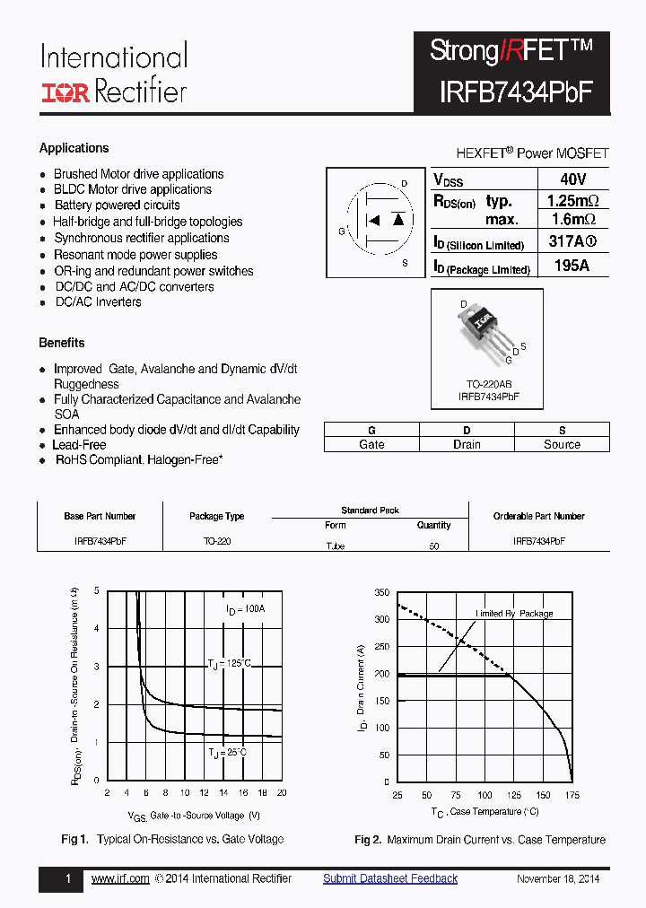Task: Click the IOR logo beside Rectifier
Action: click(x=65, y=92)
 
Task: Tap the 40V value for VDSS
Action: click(x=572, y=179)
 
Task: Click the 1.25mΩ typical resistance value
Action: click(x=572, y=200)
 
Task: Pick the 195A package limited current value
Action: click(x=572, y=266)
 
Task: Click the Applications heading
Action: click(x=74, y=148)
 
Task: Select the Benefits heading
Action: click(x=62, y=343)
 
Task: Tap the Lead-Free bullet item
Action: click(x=79, y=444)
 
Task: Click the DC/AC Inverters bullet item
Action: click(x=98, y=302)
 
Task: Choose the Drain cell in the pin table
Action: click(x=467, y=444)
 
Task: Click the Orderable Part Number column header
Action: click(x=538, y=516)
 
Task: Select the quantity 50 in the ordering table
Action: click(x=434, y=546)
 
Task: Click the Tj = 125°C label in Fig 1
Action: click(x=230, y=663)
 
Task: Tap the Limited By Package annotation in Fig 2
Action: click(x=514, y=614)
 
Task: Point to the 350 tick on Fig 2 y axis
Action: click(x=381, y=593)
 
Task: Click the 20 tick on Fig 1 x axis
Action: click(x=281, y=793)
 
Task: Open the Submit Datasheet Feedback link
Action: click(x=390, y=878)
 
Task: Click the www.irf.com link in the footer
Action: click(x=120, y=878)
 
